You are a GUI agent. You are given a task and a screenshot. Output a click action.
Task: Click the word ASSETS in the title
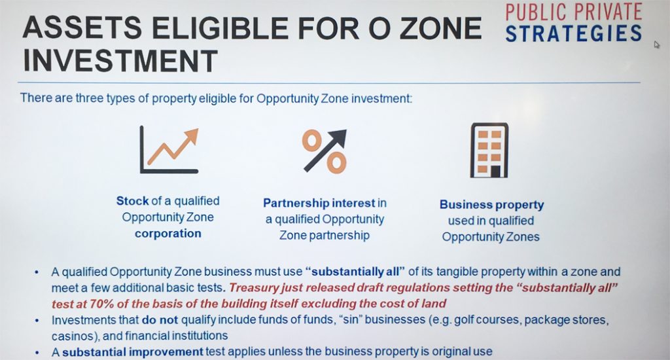tap(82, 28)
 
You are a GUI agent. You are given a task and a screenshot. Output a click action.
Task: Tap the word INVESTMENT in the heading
tap(120, 61)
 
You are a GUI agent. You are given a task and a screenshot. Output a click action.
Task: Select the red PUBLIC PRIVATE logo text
tap(574, 12)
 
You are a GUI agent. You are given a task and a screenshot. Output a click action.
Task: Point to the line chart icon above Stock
tap(169, 150)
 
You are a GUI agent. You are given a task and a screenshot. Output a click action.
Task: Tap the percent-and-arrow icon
tap(325, 151)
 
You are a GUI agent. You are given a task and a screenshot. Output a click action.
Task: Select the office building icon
tap(489, 150)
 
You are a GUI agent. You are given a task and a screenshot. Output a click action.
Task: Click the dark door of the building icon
tap(495, 171)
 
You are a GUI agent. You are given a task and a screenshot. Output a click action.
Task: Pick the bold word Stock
tap(132, 201)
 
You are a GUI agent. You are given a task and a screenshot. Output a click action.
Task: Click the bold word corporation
tap(168, 234)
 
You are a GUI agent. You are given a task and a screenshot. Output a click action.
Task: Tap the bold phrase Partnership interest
tap(319, 203)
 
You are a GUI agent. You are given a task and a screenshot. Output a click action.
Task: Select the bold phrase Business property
tap(491, 205)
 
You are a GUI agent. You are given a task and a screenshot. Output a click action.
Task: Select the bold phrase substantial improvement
tap(132, 352)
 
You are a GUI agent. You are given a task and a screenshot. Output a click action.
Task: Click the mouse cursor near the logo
tap(657, 44)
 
